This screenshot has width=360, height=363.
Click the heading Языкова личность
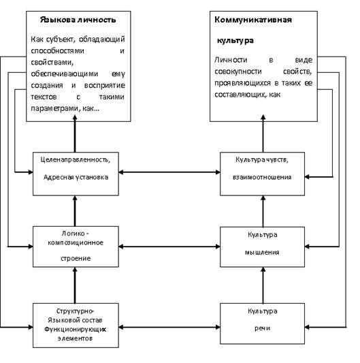(78, 20)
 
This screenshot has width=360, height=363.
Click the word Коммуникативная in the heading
(253, 20)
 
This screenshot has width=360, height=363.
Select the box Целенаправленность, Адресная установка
(76, 174)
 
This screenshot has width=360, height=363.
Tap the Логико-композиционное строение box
(76, 247)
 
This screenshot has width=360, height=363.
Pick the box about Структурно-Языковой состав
(76, 326)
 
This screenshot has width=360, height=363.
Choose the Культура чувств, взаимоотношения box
(262, 174)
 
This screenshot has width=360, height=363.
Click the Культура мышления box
(262, 247)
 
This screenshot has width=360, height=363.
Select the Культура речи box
(262, 323)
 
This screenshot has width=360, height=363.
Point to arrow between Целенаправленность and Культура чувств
(169, 172)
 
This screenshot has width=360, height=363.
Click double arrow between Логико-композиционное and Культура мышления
(169, 247)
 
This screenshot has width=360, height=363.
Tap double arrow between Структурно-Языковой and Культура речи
(169, 327)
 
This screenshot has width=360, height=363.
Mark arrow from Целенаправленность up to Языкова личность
(75, 133)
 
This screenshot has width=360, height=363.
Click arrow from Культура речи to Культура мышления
(263, 285)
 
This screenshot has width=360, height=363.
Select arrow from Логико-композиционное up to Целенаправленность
(75, 211)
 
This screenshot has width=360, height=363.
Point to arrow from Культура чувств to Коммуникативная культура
(263, 133)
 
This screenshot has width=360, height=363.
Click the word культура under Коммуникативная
(235, 40)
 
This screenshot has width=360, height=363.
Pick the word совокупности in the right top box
(238, 72)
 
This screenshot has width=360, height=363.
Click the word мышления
(262, 253)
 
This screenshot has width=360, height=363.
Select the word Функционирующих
(75, 330)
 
